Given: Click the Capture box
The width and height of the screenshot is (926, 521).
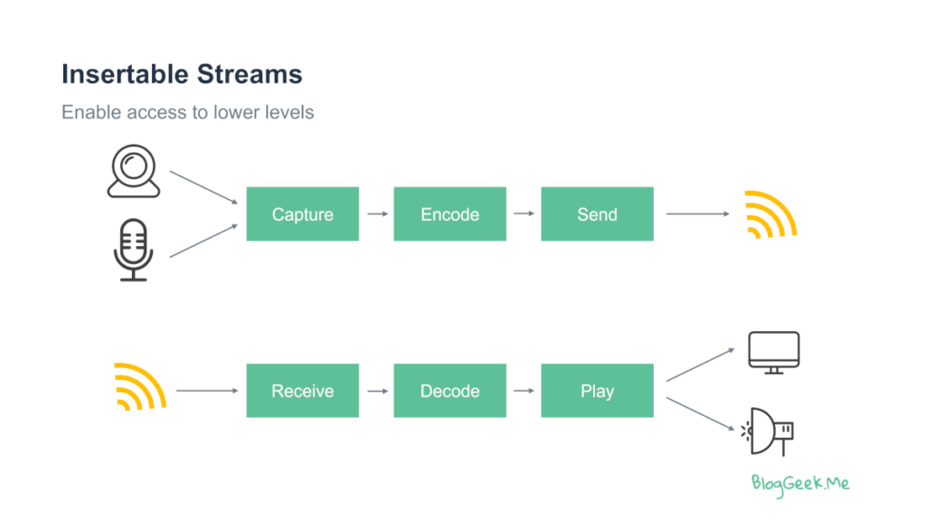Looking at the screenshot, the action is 302,213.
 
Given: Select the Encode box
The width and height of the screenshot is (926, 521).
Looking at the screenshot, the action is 450,213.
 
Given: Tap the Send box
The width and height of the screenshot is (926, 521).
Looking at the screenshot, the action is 597,213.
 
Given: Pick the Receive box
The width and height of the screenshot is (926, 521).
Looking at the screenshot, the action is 302,391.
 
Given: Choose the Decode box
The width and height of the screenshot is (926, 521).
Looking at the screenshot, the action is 450,391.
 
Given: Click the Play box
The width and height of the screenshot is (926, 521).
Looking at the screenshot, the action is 597,391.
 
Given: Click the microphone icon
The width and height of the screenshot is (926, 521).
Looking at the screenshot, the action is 134,250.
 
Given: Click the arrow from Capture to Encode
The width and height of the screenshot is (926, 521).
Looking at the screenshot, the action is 378,213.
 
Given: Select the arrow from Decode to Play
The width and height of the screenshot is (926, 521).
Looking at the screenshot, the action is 524,391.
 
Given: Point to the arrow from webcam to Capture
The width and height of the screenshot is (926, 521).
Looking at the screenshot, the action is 203,187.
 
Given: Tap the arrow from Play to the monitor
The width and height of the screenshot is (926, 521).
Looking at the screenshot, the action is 701,365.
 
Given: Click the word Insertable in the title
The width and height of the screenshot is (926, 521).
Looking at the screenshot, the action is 125,74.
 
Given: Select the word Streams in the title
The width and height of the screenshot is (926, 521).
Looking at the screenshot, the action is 250,74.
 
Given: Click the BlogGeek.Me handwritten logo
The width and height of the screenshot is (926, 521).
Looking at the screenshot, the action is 800,485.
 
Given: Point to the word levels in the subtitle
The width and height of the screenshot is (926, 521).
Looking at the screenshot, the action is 289,112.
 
